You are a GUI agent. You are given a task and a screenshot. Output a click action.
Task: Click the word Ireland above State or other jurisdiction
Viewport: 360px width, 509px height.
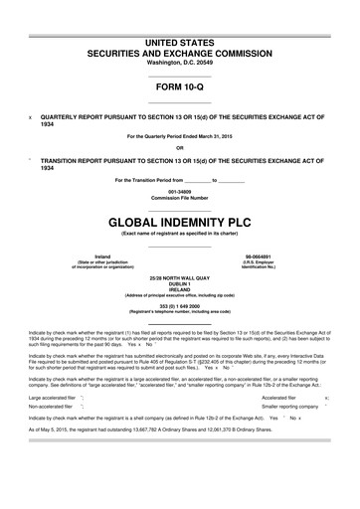pos(101,255)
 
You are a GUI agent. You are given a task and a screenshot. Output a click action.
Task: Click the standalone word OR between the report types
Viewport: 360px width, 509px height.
pos(180,146)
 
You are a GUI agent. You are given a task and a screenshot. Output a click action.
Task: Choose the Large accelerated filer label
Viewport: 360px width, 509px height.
pos(56,396)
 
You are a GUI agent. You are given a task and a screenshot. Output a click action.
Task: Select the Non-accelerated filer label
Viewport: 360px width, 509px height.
pos(52,406)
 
